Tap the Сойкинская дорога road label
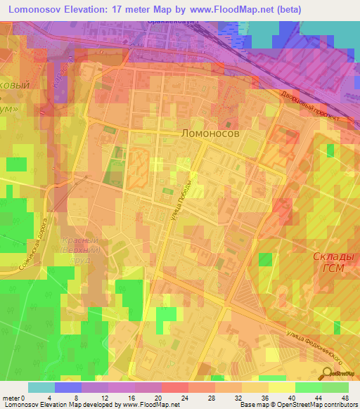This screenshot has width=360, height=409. [35, 246]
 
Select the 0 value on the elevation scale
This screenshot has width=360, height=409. [28, 397]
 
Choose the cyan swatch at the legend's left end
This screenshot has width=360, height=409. [41, 387]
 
